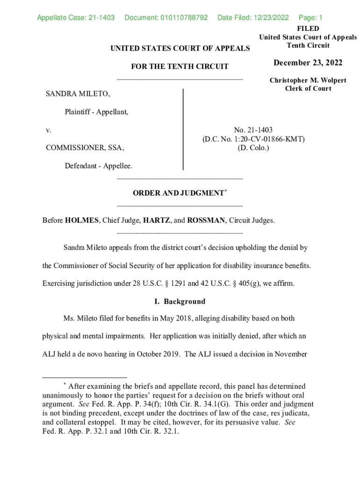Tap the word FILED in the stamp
point(308,29)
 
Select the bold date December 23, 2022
point(308,63)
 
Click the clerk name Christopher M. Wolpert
point(308,80)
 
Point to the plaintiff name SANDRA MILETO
point(78,94)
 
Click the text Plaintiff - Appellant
point(96,112)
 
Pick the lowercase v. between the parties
point(48,130)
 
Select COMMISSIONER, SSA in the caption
point(85,148)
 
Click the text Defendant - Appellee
point(98,166)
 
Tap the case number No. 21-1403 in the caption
point(253,130)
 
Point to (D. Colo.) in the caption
point(253,148)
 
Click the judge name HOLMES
point(82,220)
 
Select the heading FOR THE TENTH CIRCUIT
point(180,66)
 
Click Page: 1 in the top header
point(311,18)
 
